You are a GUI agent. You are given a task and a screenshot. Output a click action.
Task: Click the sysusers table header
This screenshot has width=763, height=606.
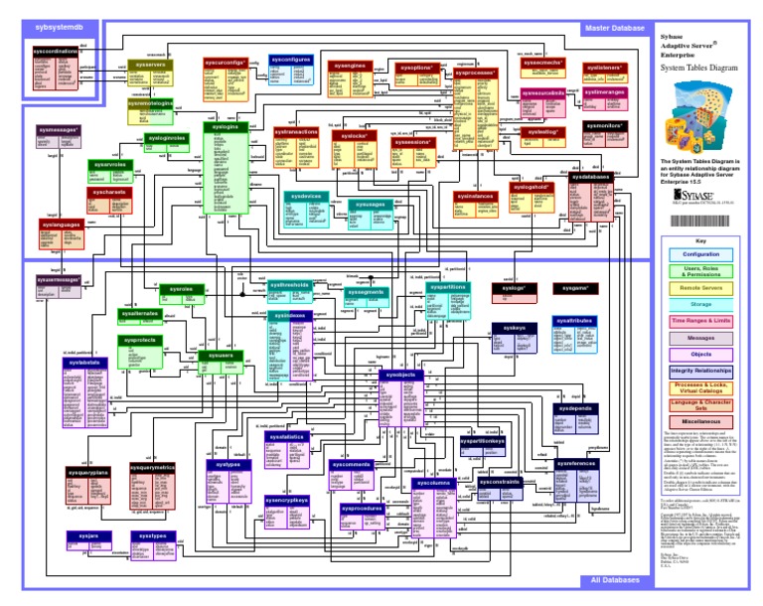click(221, 354)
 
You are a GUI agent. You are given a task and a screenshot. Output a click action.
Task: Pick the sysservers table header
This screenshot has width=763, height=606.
click(150, 65)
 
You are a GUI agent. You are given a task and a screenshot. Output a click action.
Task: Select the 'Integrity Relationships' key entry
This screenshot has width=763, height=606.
click(700, 370)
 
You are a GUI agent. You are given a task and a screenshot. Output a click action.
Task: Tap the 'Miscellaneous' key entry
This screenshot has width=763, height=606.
click(700, 421)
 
